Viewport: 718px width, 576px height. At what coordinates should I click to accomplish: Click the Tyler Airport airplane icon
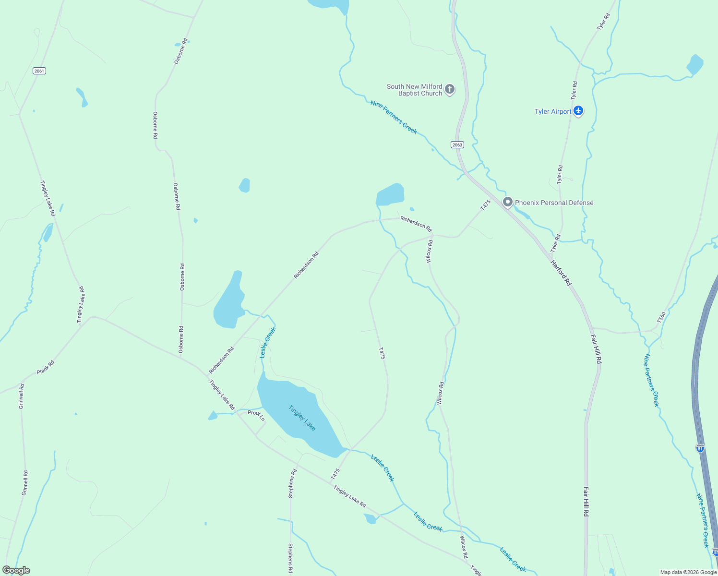click(578, 111)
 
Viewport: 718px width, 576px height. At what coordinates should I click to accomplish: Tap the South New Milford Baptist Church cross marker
click(450, 89)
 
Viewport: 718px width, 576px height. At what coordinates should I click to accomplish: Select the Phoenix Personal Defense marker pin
click(507, 202)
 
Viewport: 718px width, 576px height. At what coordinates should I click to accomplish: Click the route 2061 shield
click(39, 71)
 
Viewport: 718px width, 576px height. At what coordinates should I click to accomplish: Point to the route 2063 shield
click(457, 145)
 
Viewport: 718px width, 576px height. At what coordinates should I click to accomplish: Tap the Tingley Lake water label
click(302, 418)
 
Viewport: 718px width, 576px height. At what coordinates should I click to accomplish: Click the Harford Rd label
click(561, 273)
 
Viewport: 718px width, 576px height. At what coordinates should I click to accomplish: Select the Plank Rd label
click(46, 367)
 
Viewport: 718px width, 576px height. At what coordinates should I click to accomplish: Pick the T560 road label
click(661, 317)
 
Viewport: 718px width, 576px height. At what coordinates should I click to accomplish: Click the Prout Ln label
click(256, 415)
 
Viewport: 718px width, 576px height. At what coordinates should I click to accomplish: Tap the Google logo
click(16, 570)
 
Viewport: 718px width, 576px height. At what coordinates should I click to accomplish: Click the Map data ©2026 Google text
click(688, 572)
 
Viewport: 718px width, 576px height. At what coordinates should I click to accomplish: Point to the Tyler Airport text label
click(553, 111)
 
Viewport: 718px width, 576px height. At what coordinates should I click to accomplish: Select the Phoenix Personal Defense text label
click(554, 203)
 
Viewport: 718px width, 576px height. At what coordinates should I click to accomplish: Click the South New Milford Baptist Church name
click(414, 90)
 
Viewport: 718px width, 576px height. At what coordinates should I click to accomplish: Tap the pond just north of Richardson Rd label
click(390, 194)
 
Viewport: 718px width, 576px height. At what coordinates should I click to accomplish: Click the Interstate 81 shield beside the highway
click(700, 448)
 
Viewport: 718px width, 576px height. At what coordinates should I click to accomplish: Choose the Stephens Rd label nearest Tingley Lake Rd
click(292, 483)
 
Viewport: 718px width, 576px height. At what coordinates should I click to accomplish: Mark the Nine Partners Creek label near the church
click(394, 117)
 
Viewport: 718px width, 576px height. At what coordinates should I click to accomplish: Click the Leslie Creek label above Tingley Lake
click(268, 343)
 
